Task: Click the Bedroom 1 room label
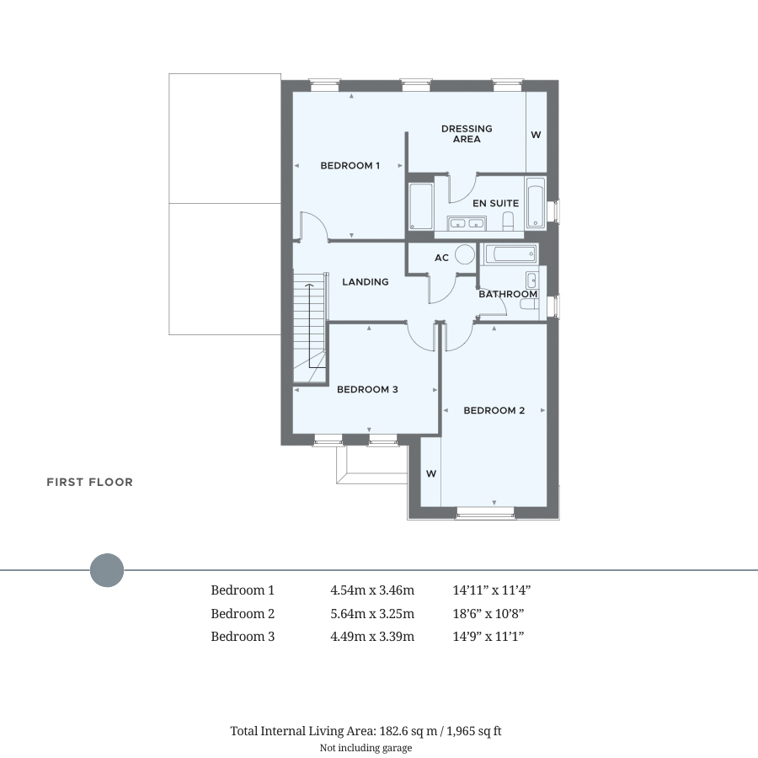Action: (x=350, y=165)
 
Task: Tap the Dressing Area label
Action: (x=467, y=134)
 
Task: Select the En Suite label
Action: (x=495, y=203)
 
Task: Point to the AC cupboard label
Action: (x=441, y=258)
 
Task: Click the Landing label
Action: (x=365, y=282)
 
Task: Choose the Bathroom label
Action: (x=508, y=294)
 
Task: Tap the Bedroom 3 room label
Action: (x=367, y=389)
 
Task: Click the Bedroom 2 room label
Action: (x=494, y=410)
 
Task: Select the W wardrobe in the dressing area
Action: (x=536, y=135)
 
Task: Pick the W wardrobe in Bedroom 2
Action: (x=431, y=473)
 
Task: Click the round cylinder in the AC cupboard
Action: (x=465, y=254)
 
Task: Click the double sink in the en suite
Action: (x=467, y=223)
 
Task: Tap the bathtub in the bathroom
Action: (x=510, y=254)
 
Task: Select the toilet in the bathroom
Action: (x=530, y=304)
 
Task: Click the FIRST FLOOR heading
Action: (x=89, y=482)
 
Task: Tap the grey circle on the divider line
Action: (x=107, y=570)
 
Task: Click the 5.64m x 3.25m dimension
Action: (x=372, y=613)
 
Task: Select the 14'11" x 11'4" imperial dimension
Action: (x=492, y=590)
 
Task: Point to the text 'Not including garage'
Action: (x=366, y=748)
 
